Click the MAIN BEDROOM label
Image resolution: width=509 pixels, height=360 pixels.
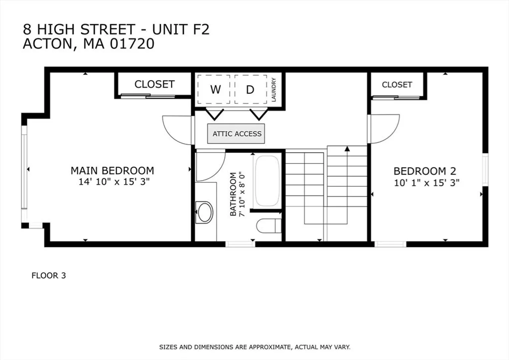click(112, 171)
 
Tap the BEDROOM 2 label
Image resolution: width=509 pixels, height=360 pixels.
click(425, 171)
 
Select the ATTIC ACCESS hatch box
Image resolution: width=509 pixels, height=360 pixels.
click(236, 134)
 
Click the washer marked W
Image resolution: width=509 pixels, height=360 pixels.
click(214, 89)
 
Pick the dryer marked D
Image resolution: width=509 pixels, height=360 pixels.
click(251, 89)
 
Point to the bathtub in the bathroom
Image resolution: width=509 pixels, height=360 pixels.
click(267, 181)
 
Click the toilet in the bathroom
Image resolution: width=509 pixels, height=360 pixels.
click(269, 226)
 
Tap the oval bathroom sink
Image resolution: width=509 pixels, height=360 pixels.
click(204, 212)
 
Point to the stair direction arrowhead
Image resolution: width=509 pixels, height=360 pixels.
click(347, 149)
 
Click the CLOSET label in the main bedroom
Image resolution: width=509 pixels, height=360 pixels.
click(155, 84)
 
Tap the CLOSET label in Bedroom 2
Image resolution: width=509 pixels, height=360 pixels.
click(397, 85)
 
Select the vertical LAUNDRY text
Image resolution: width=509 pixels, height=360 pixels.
click(273, 90)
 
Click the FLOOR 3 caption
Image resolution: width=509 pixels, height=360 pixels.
click(49, 276)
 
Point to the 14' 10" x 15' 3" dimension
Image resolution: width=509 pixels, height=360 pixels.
click(114, 182)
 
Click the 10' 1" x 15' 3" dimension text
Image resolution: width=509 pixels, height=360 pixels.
click(426, 183)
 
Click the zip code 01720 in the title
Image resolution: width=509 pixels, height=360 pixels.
click(132, 44)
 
